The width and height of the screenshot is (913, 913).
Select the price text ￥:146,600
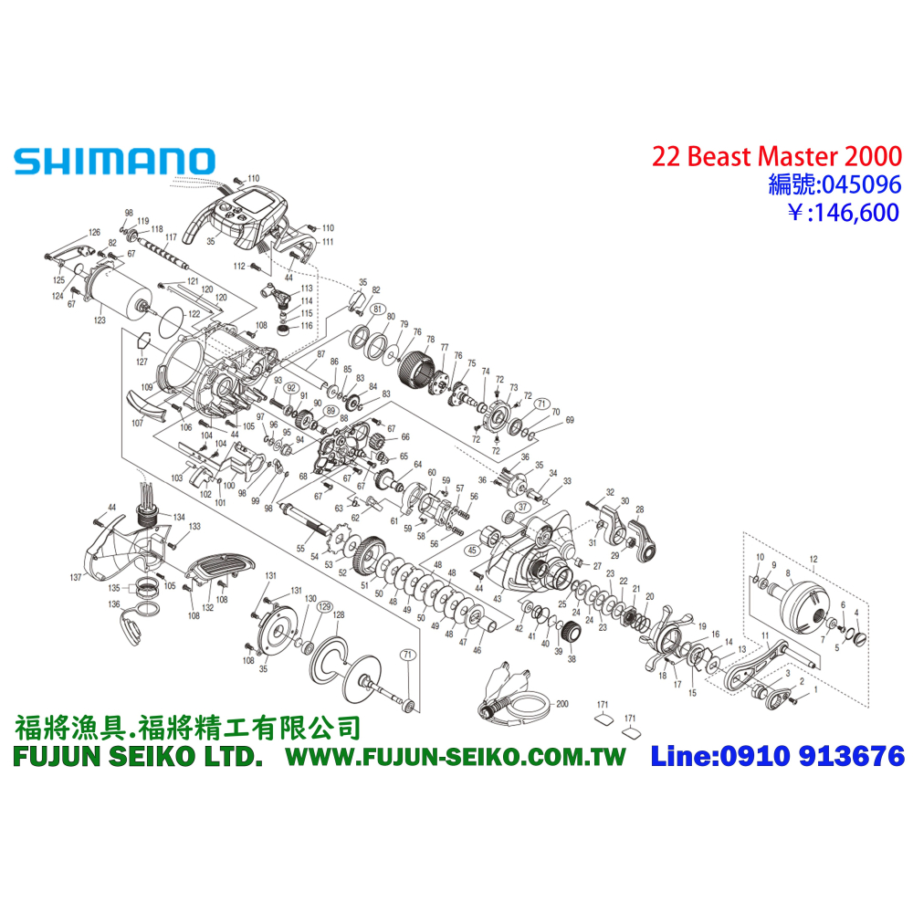point(834,213)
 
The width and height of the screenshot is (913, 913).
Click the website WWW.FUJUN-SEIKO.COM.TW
point(456,757)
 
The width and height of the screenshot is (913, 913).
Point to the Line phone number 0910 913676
point(778,756)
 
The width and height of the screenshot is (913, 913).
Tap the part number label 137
point(76,577)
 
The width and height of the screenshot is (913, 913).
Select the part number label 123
point(100,320)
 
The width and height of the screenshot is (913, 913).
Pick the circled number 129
point(324,605)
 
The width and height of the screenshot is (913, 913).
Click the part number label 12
point(814,558)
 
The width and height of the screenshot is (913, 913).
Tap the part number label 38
point(572,658)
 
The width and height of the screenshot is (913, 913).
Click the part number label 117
point(171,237)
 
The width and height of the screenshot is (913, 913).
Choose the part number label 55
point(299,549)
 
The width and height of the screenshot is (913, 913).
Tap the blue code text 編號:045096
point(834,184)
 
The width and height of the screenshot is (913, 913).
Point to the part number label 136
point(114,604)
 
